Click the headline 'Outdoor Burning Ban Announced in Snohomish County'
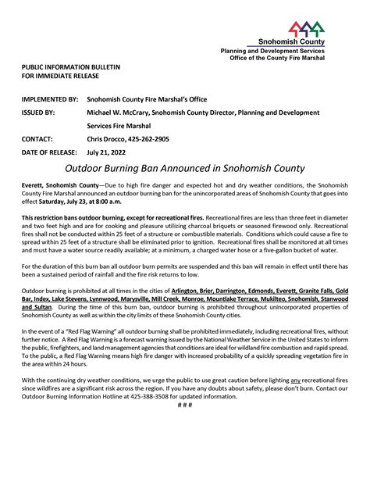[x=185, y=168]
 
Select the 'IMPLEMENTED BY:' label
[x=49, y=100]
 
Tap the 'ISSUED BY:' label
[x=38, y=113]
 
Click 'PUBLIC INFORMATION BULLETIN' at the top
[x=71, y=68]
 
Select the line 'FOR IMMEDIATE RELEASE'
[x=60, y=77]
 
